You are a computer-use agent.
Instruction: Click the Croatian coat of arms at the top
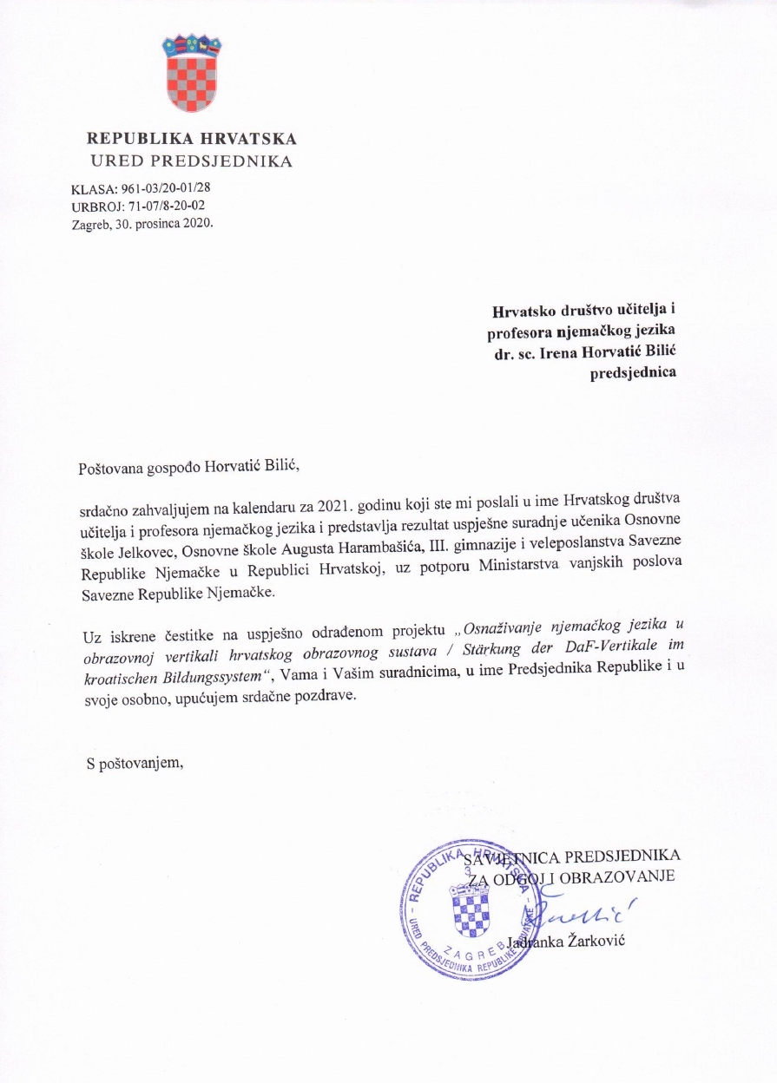pyautogui.click(x=192, y=73)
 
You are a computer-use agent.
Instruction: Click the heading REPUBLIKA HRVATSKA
pyautogui.click(x=192, y=139)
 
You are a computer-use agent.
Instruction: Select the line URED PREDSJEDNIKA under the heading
pyautogui.click(x=192, y=161)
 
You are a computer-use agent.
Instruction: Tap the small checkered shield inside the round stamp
pyautogui.click(x=471, y=909)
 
